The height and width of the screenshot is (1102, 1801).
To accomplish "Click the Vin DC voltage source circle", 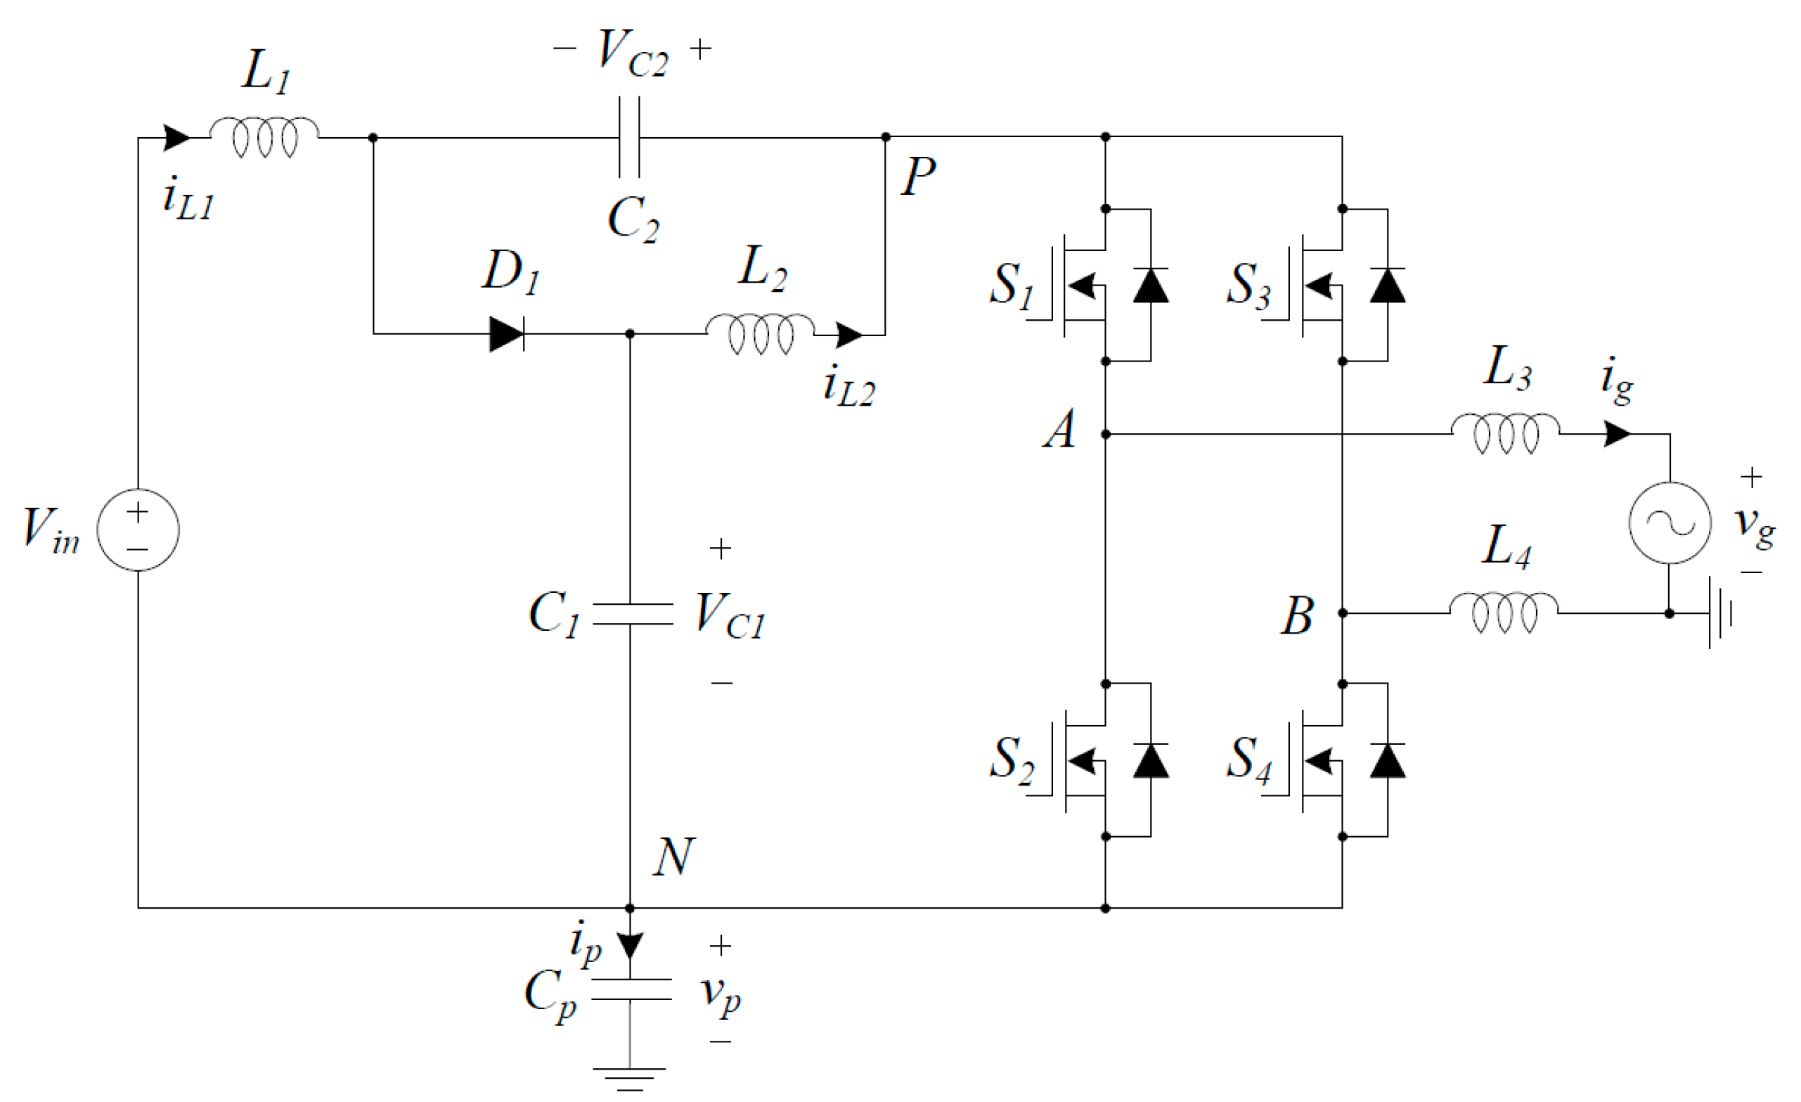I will click(x=138, y=530).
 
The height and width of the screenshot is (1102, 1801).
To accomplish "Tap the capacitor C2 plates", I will click(x=629, y=136).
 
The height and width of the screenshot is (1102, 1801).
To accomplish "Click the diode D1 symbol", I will click(x=507, y=334).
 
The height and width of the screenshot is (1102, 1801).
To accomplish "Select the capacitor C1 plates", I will click(x=632, y=614).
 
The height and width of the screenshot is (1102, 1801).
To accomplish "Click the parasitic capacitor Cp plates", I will click(x=631, y=989).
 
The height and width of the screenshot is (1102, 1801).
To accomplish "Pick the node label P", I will click(x=918, y=177).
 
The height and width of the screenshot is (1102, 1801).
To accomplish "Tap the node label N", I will click(x=673, y=857).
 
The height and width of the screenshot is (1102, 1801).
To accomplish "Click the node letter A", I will click(x=1061, y=429).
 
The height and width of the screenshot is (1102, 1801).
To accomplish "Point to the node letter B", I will click(x=1298, y=616).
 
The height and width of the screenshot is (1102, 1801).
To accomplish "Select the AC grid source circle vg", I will click(x=1670, y=523).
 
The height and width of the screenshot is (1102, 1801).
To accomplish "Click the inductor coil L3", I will click(x=1506, y=433).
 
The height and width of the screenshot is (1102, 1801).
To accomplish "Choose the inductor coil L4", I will click(x=1504, y=612).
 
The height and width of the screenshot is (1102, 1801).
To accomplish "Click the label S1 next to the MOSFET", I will click(x=1012, y=286).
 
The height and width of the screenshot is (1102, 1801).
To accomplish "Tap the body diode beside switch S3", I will click(x=1387, y=286).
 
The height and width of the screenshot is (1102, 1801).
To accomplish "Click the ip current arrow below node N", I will click(x=630, y=945).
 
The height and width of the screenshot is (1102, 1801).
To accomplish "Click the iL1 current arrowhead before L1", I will click(x=176, y=137).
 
